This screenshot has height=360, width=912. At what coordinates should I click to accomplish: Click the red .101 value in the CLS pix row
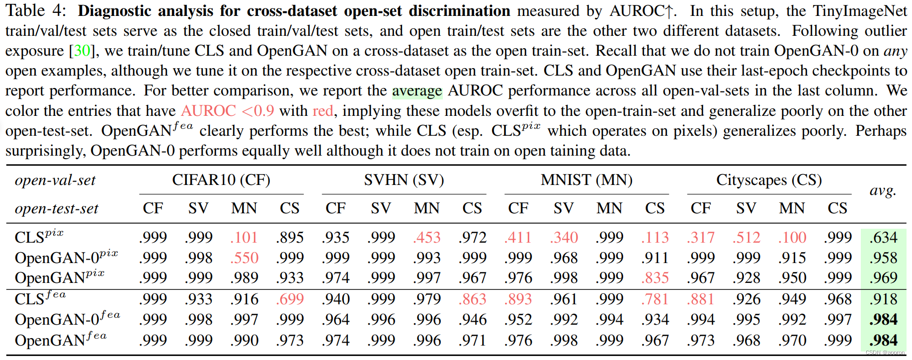point(244,238)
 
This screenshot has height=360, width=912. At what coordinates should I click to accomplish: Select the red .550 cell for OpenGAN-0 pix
point(244,258)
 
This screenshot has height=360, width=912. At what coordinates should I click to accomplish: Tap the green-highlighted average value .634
point(884,238)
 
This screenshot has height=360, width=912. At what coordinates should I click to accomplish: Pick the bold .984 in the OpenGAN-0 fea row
point(884,319)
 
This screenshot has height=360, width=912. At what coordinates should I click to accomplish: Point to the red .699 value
point(290,299)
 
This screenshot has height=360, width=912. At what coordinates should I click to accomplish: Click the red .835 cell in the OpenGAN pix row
point(655,278)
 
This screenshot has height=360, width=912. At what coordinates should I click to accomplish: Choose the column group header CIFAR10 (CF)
point(221,180)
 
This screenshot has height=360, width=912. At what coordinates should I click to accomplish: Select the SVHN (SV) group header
point(404,180)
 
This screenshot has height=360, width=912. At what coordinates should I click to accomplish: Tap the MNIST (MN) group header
point(586,180)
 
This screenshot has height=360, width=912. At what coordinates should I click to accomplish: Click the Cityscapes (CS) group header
point(769,180)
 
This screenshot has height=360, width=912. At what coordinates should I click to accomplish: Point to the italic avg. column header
point(883,190)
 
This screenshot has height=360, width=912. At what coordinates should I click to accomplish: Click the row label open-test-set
point(57,208)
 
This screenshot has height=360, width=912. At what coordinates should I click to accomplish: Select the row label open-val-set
point(55,180)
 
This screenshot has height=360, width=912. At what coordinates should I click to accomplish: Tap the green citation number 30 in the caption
point(82,51)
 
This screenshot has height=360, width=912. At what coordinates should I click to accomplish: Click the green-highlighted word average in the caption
point(417,91)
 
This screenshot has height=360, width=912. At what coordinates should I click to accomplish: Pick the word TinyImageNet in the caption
point(860,11)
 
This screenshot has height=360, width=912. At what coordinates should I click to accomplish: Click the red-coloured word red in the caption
point(323,111)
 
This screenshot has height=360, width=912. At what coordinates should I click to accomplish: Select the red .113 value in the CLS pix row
point(655,238)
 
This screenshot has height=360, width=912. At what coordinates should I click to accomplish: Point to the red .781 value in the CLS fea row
point(655,299)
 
